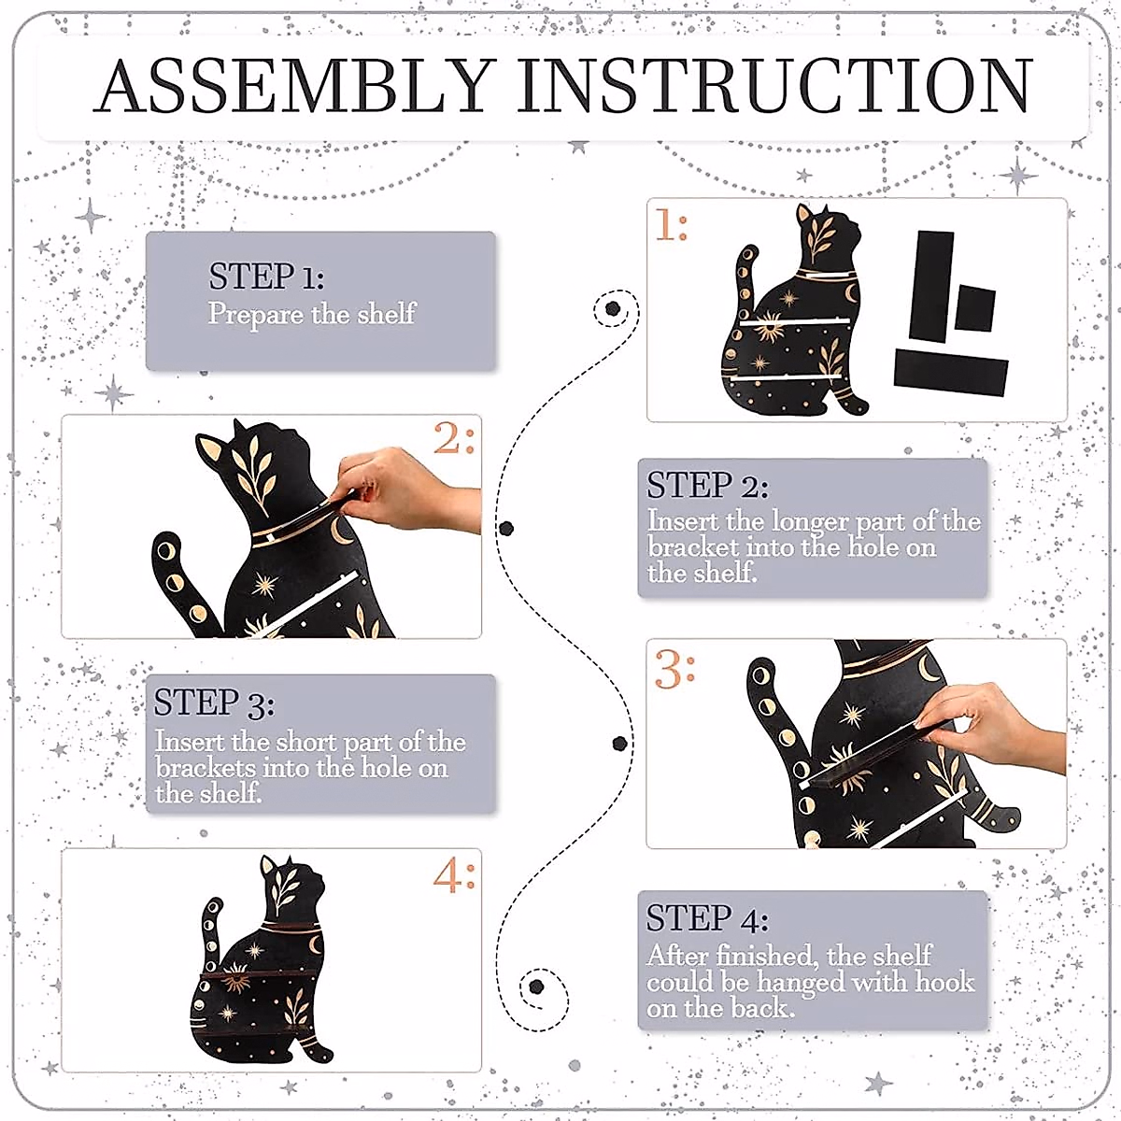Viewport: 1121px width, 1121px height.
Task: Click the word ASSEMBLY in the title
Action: point(294,85)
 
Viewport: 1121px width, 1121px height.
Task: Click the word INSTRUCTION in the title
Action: point(774,85)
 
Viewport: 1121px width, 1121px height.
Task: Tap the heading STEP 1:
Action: point(266,276)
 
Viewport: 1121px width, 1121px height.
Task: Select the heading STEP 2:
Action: point(707,485)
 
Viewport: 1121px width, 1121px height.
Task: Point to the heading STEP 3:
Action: point(214,702)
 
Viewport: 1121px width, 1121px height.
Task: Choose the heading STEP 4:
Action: point(707,918)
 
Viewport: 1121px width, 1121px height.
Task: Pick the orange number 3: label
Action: point(674,669)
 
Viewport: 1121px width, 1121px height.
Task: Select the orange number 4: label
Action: point(454,875)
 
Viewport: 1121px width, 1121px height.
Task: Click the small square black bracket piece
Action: point(975,307)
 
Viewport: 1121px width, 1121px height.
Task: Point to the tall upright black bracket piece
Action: point(930,286)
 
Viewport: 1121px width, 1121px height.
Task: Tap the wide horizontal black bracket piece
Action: point(951,373)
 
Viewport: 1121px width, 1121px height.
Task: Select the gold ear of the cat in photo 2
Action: point(211,451)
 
